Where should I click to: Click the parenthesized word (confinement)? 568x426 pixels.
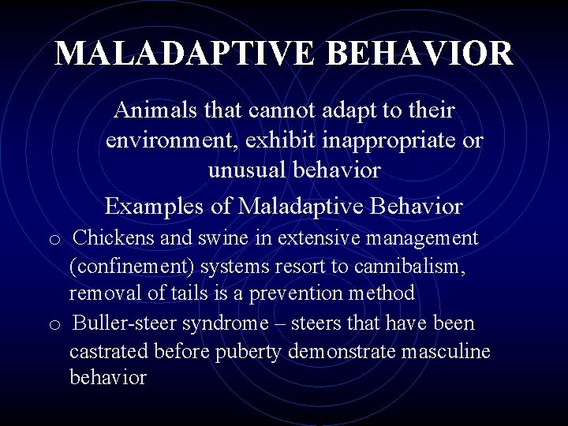(132, 266)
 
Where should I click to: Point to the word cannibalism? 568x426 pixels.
(410, 266)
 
